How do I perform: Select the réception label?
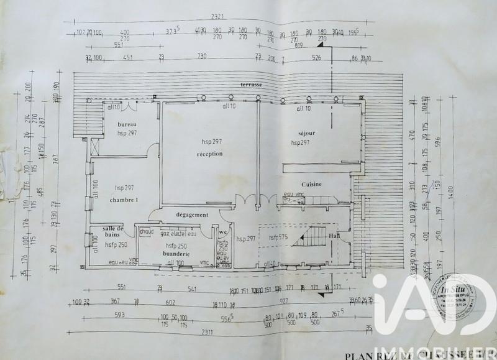(x=209, y=154)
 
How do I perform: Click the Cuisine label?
(x=311, y=185)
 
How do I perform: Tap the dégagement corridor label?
(x=191, y=215)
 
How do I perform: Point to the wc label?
(x=222, y=232)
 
